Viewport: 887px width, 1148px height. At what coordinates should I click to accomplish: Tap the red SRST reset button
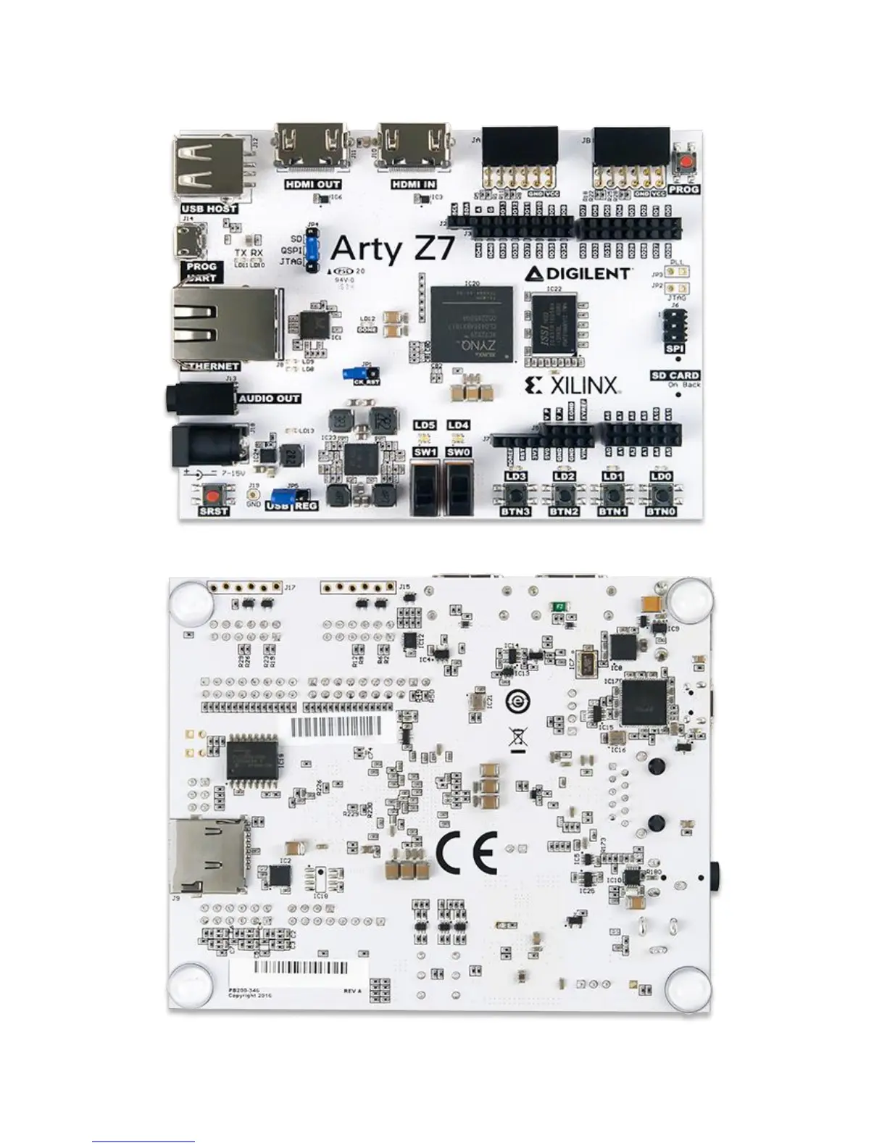tap(212, 496)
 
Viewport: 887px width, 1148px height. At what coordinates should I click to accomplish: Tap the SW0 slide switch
tap(459, 486)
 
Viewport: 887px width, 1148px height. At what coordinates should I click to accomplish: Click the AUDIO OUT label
tap(268, 399)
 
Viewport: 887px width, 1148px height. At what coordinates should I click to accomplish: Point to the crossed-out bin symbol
tap(517, 739)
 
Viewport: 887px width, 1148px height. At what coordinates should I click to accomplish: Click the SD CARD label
tap(675, 375)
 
